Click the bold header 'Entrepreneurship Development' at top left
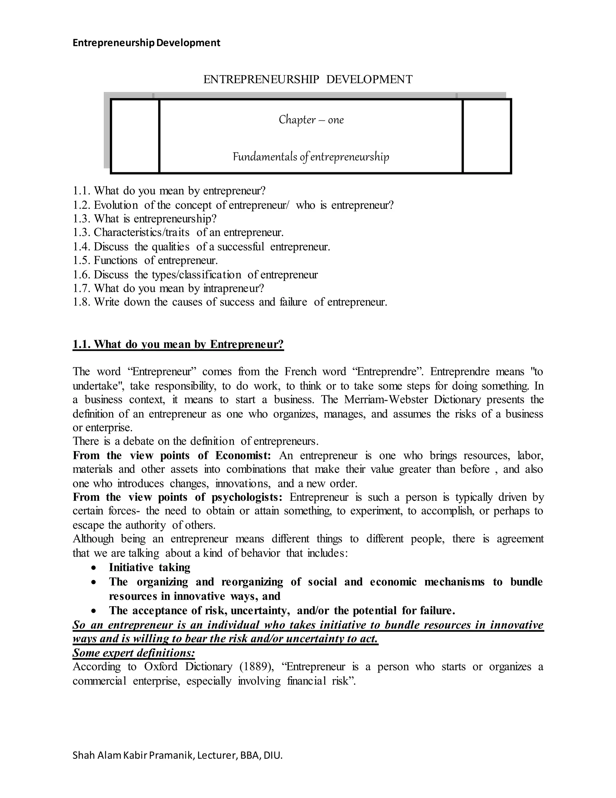pos(146,43)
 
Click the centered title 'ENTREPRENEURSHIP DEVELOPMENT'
pos(308,79)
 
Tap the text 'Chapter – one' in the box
pos(311,120)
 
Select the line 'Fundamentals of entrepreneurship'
pos(311,157)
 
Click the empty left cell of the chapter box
pos(135,136)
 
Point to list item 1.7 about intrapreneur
pos(168,288)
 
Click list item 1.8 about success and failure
pos(230,302)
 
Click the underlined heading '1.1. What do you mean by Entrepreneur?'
pos(178,344)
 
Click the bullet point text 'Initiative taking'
pos(149,567)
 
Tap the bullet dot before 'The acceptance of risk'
pos(94,611)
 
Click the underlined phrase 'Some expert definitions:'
pos(134,653)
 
